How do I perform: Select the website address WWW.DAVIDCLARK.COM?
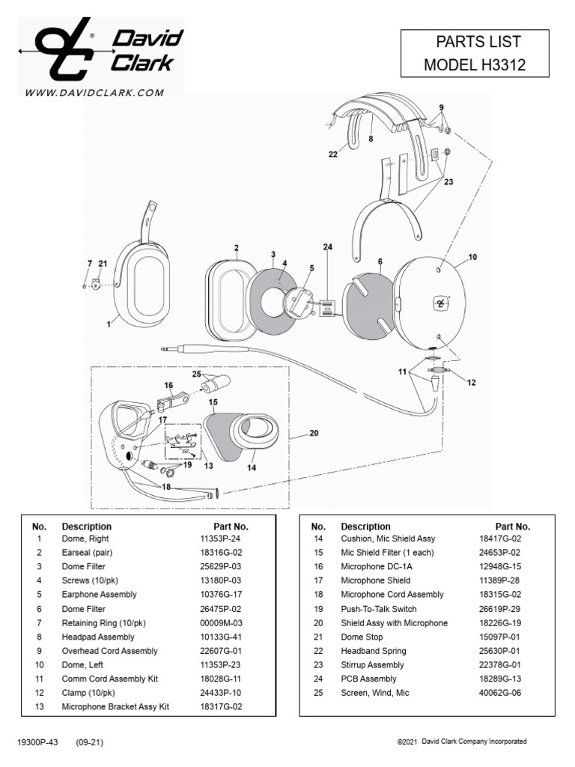click(94, 93)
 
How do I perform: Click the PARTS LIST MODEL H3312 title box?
click(475, 53)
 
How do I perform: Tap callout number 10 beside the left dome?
click(472, 257)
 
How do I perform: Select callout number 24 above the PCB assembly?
click(327, 247)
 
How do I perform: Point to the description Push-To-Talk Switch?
click(379, 609)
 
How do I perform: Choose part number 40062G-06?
click(499, 693)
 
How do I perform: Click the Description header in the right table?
click(366, 526)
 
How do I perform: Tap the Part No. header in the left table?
click(225, 526)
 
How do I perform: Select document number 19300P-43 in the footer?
click(37, 742)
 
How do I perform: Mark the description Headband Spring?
click(372, 651)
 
